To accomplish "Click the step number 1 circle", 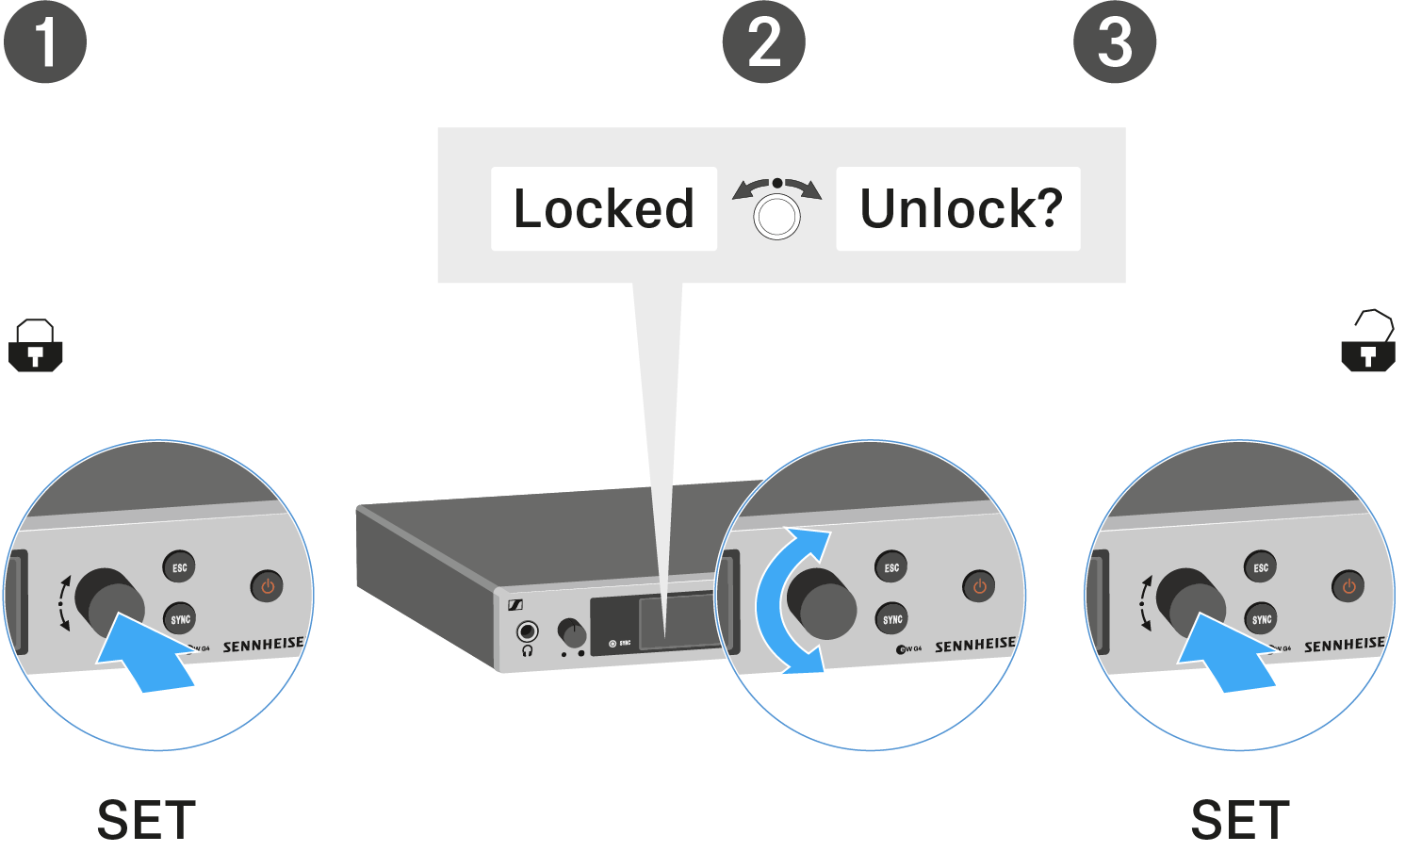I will pyautogui.click(x=45, y=42).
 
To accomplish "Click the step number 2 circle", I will pyautogui.click(x=763, y=42).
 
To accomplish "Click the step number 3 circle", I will pyautogui.click(x=1115, y=42).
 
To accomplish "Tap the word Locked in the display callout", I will pyautogui.click(x=603, y=208).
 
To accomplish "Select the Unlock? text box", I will pyautogui.click(x=958, y=208).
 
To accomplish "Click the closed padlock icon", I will pyautogui.click(x=35, y=346).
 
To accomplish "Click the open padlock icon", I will pyautogui.click(x=1368, y=341).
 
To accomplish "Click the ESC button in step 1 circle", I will pyautogui.click(x=179, y=567).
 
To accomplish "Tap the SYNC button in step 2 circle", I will pyautogui.click(x=891, y=619).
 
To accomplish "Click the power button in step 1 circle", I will pyautogui.click(x=268, y=586).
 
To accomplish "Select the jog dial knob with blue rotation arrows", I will pyautogui.click(x=822, y=604).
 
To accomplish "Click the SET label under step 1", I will pyautogui.click(x=146, y=820).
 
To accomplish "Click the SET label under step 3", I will pyautogui.click(x=1239, y=820).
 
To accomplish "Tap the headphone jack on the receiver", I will pyautogui.click(x=528, y=631).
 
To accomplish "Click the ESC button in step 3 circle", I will pyautogui.click(x=1261, y=567).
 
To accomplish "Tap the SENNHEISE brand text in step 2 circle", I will pyautogui.click(x=974, y=646).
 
